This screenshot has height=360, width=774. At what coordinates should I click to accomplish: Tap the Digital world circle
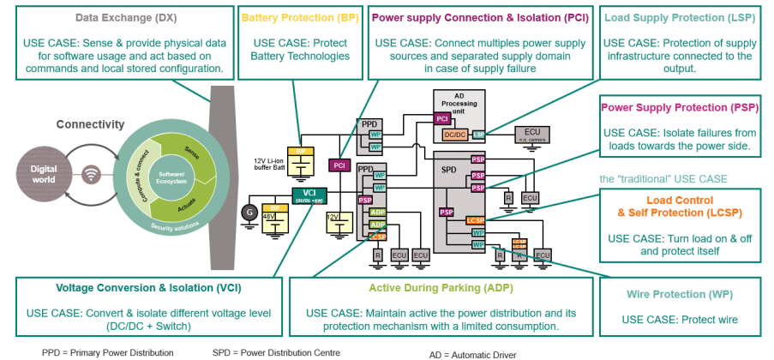44,174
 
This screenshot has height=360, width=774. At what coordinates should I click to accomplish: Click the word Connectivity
91,125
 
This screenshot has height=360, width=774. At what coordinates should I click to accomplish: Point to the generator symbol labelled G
251,210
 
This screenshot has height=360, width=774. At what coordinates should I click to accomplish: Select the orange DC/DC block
455,135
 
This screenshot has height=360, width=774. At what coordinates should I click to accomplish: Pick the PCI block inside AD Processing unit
441,118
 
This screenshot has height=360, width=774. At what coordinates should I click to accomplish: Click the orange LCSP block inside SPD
477,221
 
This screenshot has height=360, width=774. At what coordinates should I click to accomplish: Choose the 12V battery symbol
334,224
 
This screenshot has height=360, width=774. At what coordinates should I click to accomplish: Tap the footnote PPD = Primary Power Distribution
107,351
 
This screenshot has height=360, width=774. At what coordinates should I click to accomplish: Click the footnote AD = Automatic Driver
473,353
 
